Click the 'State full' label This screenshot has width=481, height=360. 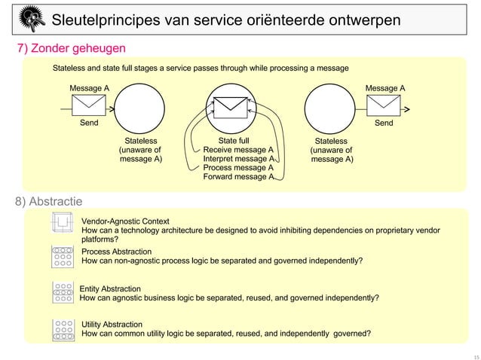233,140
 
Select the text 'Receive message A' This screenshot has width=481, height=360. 237,150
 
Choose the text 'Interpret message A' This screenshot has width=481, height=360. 237,159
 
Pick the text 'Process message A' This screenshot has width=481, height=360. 237,168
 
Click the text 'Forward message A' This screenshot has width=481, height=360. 237,178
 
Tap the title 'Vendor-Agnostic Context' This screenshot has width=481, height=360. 124,221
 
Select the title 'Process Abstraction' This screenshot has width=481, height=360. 116,252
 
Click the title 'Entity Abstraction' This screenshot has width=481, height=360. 110,288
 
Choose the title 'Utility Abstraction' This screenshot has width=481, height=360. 112,324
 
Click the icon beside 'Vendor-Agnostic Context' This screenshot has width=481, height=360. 60,224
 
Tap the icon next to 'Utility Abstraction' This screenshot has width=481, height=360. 62,329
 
